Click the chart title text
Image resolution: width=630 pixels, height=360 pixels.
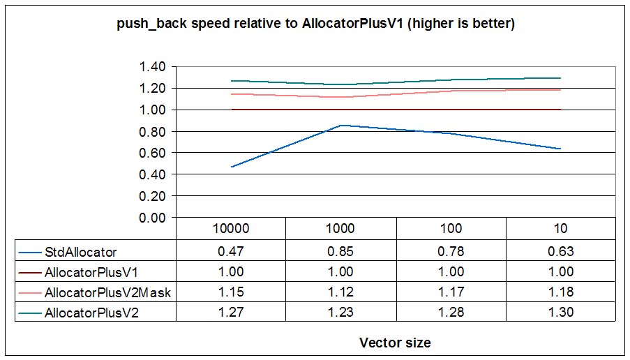pyautogui.click(x=315, y=24)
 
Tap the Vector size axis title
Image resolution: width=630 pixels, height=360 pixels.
pyautogui.click(x=395, y=343)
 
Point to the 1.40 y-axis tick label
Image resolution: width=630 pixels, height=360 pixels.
pyautogui.click(x=153, y=67)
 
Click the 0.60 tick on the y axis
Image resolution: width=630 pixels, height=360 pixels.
pyautogui.click(x=153, y=153)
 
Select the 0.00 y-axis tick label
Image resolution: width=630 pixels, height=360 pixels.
pyautogui.click(x=153, y=218)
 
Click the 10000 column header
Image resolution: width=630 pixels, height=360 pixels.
pyautogui.click(x=231, y=228)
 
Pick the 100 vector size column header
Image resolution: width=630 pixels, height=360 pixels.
pyautogui.click(x=451, y=228)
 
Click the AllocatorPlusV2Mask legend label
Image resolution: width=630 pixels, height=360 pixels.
pyautogui.click(x=107, y=292)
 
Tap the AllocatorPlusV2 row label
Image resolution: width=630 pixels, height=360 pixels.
pyautogui.click(x=91, y=313)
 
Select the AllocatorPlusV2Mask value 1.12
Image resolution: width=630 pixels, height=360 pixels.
pyautogui.click(x=341, y=292)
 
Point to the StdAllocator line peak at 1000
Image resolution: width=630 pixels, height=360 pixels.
pyautogui.click(x=341, y=126)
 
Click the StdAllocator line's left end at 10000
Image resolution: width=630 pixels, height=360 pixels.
pyautogui.click(x=231, y=167)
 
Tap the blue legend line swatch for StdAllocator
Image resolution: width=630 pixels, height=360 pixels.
pyautogui.click(x=31, y=251)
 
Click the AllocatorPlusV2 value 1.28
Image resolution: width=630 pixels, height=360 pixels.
pyautogui.click(x=451, y=313)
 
